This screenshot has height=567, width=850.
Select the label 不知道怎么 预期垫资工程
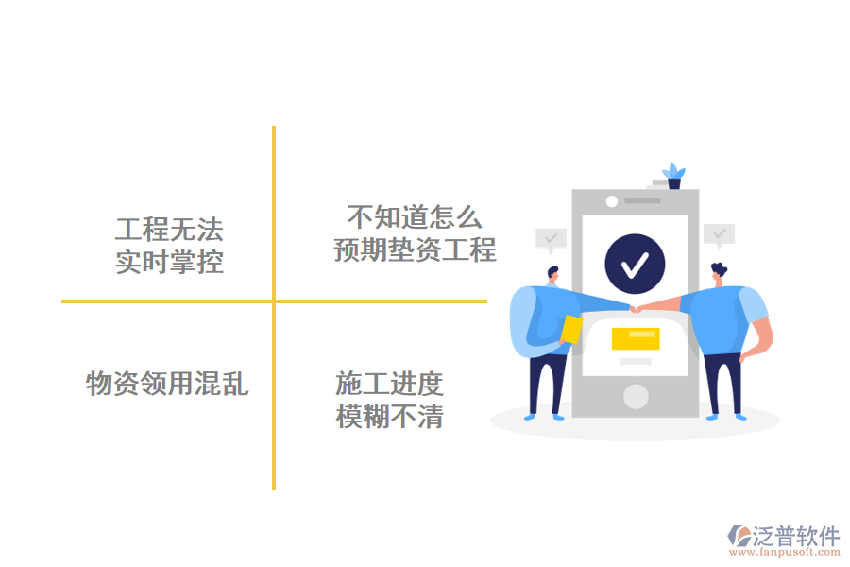415,234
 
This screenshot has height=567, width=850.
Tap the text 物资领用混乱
167,384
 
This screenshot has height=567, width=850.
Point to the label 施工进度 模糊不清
390,400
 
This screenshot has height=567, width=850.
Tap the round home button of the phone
636,396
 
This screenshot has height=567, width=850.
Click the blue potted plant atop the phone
673,176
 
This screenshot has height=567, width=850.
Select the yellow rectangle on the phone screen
635,338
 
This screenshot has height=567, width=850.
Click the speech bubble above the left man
550,238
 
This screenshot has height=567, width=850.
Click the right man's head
720,272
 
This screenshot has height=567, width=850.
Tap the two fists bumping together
636,309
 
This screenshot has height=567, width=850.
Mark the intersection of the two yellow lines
274,301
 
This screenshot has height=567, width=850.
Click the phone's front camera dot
611,201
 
